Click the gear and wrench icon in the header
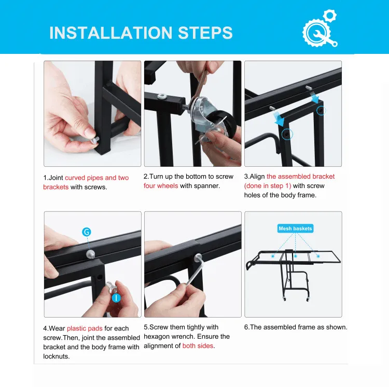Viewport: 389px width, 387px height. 320,28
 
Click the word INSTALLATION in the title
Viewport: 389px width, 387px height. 110,33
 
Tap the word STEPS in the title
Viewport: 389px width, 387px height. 205,33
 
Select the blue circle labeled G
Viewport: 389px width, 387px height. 86,232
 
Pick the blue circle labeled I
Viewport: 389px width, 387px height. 116,298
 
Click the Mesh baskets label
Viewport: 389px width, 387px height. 295,228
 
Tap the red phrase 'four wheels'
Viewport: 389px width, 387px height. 161,186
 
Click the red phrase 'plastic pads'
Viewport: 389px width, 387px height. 85,328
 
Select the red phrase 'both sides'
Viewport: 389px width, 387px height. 198,346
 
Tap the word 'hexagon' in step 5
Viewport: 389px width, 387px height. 156,337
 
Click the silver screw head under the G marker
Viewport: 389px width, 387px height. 90,254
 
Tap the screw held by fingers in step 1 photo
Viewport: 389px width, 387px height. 95,140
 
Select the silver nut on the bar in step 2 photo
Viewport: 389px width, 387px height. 162,96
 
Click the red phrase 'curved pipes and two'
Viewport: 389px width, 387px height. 97,178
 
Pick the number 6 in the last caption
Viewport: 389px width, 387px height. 246,327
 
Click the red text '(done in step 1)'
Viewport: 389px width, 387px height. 268,186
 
